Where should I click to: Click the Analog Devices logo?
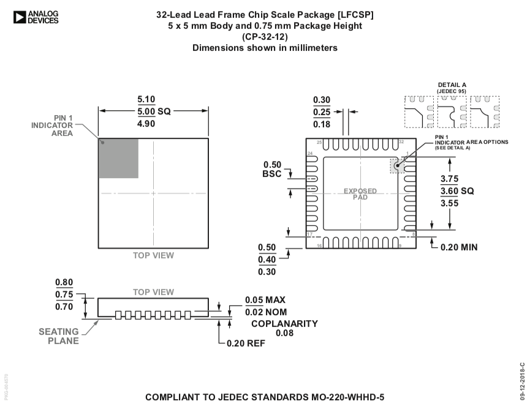point(35,17)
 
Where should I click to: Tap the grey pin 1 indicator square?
point(118,158)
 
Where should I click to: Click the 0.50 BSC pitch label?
point(272,170)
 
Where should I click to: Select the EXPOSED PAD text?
point(360,194)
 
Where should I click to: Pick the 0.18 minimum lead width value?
point(322,124)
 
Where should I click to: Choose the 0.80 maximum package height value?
point(64,282)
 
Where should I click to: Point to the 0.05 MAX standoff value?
point(265,300)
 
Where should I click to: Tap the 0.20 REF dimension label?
point(246,343)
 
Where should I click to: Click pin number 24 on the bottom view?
point(311,154)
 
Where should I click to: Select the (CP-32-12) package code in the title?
point(265,37)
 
